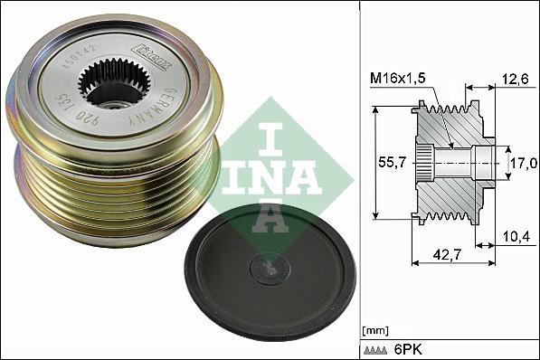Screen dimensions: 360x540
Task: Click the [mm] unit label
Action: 374,331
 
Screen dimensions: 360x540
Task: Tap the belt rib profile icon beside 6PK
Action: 378,348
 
